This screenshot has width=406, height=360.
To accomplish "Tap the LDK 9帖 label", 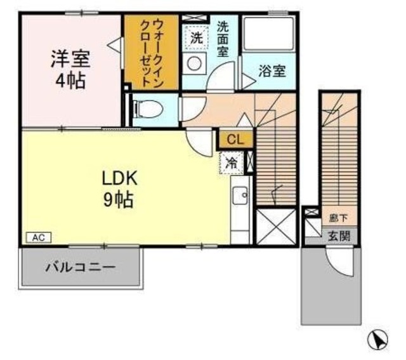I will coord(118,189).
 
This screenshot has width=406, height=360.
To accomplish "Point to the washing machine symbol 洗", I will coord(197,37).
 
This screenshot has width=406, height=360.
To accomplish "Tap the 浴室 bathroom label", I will coord(272,72).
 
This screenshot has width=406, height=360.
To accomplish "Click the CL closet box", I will coord(235,138).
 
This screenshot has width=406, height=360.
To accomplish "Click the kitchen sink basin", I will coord(240,197).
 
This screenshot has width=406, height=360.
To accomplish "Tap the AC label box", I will coord(37,237).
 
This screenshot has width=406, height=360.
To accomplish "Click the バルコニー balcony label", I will coord(80,267).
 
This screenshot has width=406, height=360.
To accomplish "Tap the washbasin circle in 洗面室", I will coord(195,63).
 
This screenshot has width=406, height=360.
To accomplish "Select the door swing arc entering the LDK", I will coord(200,141).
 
